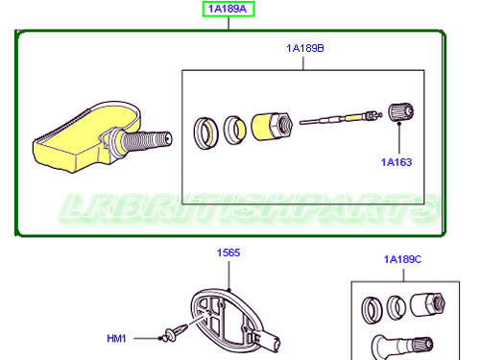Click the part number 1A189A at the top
(228, 10)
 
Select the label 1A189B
(304, 47)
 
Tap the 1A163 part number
(396, 162)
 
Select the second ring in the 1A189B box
(234, 128)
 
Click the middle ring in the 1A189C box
(396, 308)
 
